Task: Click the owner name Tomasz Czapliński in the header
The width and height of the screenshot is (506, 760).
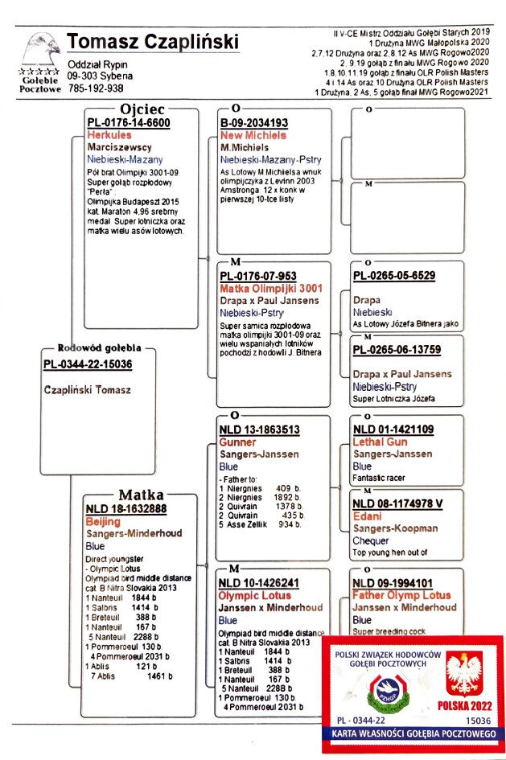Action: click(152, 42)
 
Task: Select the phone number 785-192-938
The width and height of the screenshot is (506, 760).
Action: click(96, 88)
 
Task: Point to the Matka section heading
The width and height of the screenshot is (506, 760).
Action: click(142, 494)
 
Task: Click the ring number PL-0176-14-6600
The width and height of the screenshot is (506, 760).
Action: click(128, 123)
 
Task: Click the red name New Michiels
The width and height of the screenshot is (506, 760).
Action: click(253, 135)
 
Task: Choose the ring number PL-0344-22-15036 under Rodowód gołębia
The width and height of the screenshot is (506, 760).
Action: click(88, 364)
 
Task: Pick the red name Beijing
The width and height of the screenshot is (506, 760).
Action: click(102, 521)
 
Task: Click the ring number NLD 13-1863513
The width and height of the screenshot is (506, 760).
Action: click(259, 430)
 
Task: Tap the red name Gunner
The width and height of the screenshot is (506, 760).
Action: click(237, 442)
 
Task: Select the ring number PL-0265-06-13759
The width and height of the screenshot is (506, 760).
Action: click(397, 349)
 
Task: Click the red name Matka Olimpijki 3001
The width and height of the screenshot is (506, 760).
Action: click(264, 288)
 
